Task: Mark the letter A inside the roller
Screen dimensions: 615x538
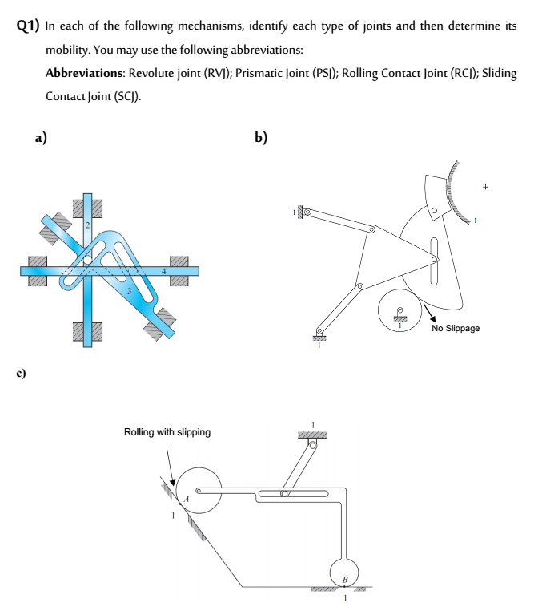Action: [186, 498]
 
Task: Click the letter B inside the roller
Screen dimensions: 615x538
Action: [345, 578]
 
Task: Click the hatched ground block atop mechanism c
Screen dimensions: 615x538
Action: [316, 434]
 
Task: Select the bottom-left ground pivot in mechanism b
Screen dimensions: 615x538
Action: [319, 334]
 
